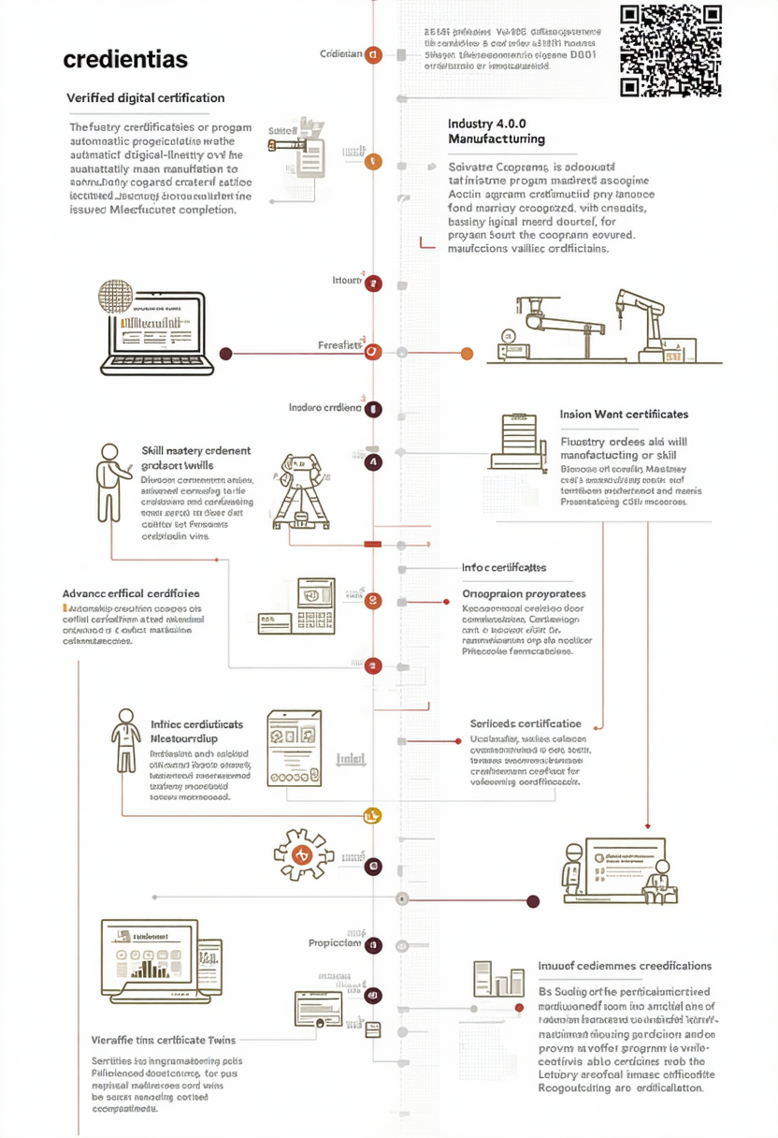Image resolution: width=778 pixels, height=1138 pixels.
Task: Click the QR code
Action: [x=671, y=51]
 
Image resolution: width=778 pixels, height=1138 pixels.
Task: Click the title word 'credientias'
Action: [x=125, y=60]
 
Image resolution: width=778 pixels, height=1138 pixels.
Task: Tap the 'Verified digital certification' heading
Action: [x=146, y=97]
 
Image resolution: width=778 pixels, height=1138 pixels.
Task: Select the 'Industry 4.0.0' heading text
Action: [x=488, y=124]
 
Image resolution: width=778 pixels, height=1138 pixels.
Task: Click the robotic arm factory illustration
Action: [x=617, y=328]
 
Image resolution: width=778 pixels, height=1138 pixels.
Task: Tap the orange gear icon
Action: [x=302, y=853]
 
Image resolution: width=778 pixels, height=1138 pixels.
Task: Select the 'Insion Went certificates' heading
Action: [x=624, y=414]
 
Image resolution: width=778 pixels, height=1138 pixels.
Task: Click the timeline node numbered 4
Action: [x=373, y=461]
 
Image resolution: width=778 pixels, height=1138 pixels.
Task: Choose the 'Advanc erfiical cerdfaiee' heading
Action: [x=131, y=593]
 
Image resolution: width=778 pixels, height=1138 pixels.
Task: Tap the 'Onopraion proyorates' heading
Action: [x=525, y=593]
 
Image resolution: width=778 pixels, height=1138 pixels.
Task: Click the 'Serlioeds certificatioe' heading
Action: [x=526, y=723]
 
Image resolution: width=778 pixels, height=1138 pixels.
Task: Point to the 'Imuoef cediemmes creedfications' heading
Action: [x=625, y=966]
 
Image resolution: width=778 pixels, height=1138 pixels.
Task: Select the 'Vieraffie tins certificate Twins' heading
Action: [x=164, y=1040]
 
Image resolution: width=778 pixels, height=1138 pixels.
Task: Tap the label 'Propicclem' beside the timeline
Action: [x=335, y=943]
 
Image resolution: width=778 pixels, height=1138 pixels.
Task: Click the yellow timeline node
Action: [x=373, y=816]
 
